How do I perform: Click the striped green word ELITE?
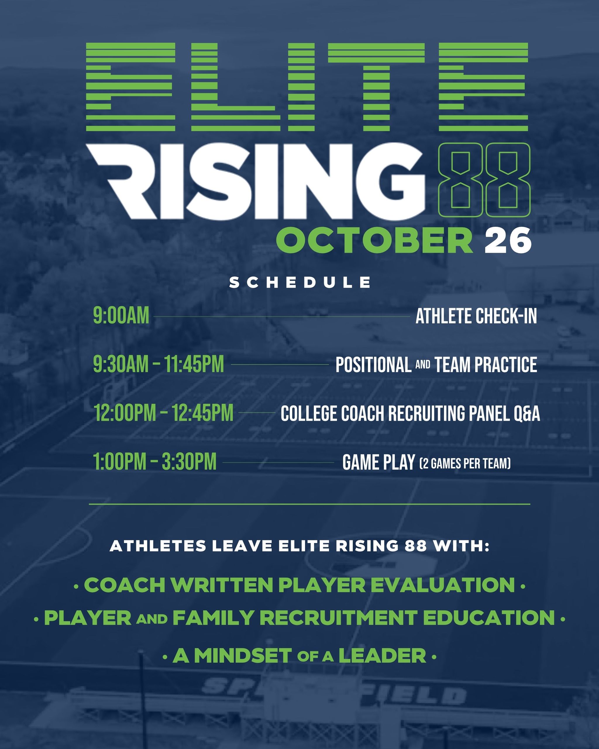pyautogui.click(x=307, y=87)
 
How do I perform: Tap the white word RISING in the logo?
pyautogui.click(x=256, y=181)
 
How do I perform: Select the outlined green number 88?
pyautogui.click(x=484, y=180)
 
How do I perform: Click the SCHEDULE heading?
pyautogui.click(x=300, y=282)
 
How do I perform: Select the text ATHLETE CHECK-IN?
pyautogui.click(x=476, y=316)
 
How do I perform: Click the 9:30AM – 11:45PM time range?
pyautogui.click(x=158, y=365)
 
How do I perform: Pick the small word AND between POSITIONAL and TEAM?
pyautogui.click(x=423, y=365)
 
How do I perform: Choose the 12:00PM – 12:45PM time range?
pyautogui.click(x=163, y=413)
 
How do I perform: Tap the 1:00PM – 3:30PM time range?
pyautogui.click(x=155, y=462)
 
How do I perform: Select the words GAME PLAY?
pyautogui.click(x=378, y=462)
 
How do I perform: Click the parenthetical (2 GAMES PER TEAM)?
pyautogui.click(x=465, y=463)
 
